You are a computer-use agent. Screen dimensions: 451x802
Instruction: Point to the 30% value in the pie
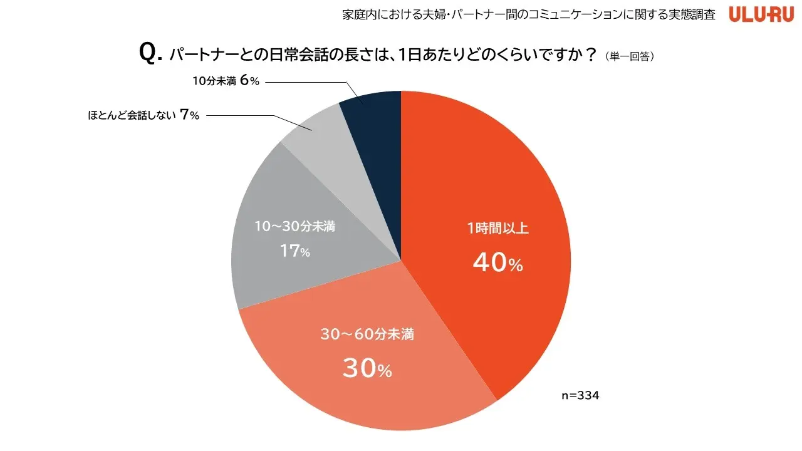pyautogui.click(x=367, y=370)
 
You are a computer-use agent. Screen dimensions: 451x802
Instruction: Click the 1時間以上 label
pyautogui.click(x=497, y=229)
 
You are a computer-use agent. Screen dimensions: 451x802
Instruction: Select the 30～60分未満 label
pyautogui.click(x=367, y=334)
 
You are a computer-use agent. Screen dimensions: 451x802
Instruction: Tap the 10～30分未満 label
pyautogui.click(x=295, y=226)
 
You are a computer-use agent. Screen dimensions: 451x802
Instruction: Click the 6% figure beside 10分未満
pyautogui.click(x=249, y=81)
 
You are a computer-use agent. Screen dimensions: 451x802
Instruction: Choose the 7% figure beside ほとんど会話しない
pyautogui.click(x=189, y=115)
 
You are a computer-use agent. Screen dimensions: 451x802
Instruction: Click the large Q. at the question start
pyautogui.click(x=150, y=54)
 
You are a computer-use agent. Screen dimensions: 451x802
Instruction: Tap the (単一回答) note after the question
pyautogui.click(x=630, y=56)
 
